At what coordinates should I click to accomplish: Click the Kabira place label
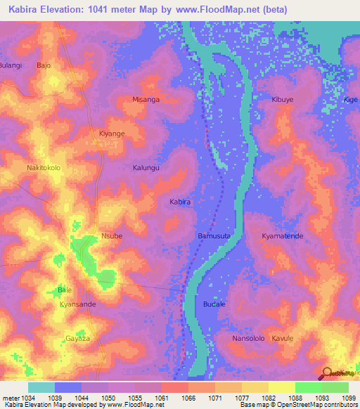pos(180,202)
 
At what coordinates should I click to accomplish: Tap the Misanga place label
pos(146,100)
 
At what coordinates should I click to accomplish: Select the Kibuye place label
pos(283,100)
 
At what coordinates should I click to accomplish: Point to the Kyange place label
pos(112,134)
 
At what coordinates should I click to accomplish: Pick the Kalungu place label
pos(146,168)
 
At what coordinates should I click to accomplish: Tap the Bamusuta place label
pos(214,236)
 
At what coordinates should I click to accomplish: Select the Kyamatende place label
pos(283,236)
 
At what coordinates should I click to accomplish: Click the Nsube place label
pos(112,236)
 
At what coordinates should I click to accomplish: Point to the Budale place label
pos(214,304)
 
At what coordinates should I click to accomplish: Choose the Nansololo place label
pos(248,338)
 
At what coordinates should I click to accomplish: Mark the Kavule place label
pos(283,338)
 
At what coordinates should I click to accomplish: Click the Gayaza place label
pos(78,338)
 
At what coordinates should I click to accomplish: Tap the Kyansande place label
pos(78,304)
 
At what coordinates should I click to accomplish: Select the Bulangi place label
pos(11,65)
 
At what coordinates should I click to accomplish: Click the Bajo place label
pos(44,65)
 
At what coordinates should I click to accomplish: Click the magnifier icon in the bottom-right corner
pos(327,372)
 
